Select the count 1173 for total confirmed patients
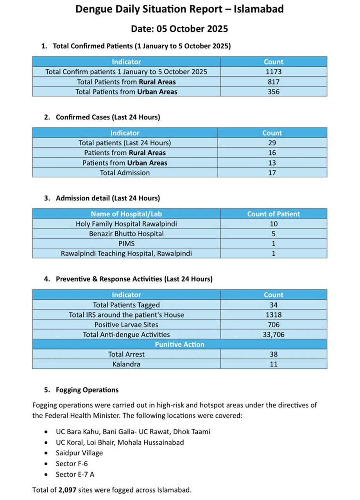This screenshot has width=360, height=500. coord(273,72)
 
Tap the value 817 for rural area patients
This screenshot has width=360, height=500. coord(273,82)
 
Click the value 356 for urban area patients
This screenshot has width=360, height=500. coord(273,92)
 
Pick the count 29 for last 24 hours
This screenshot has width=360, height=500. coord(272,143)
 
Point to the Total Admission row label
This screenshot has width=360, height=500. coord(125,172)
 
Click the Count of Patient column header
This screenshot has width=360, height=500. coord(273,214)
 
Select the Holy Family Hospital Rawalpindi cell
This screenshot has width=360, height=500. coord(126,224)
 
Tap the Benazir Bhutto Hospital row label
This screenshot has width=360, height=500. coord(126,234)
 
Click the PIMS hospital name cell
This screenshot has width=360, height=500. coord(126,243)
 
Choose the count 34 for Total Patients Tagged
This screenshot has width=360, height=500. coord(273,305)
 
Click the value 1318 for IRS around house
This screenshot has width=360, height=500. coord(273,314)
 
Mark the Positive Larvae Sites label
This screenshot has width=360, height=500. coord(126,325)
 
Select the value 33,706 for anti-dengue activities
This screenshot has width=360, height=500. coord(273,334)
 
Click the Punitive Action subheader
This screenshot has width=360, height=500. coord(179,344)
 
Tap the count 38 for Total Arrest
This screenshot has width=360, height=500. coord(273,354)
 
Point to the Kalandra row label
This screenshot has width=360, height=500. coord(126,364)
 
